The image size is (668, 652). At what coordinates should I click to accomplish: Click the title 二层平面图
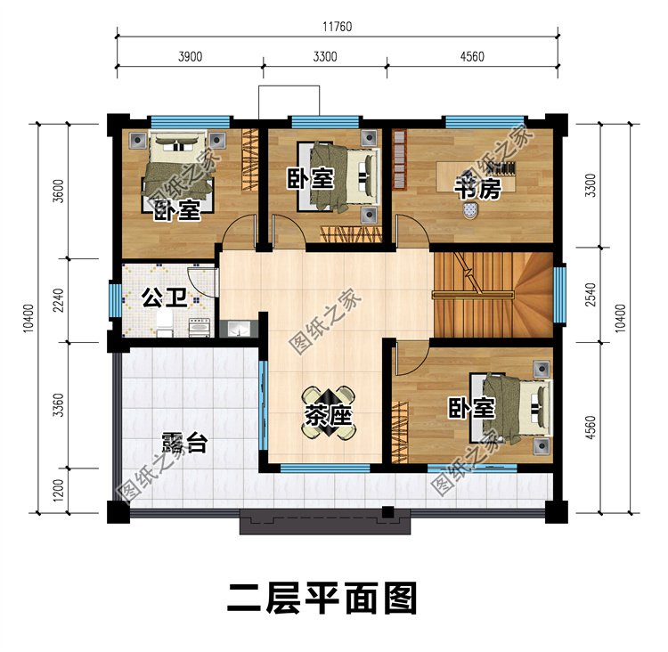tap(322, 599)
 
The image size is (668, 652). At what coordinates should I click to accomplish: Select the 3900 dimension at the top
tap(190, 57)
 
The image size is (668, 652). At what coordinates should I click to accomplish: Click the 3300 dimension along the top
tap(324, 57)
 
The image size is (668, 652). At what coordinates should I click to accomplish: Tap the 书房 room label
tap(479, 190)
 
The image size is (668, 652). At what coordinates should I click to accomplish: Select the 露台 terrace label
tap(183, 443)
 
